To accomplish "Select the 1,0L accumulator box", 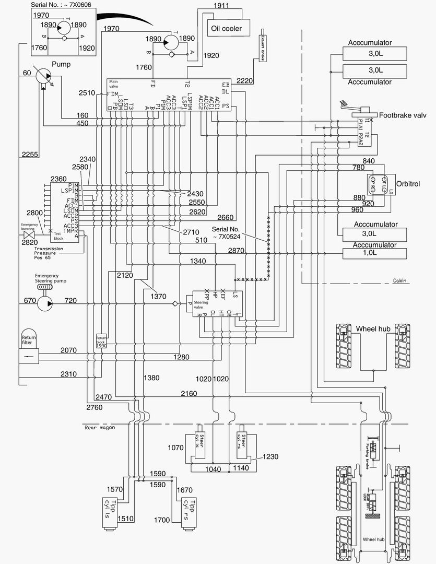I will click(x=374, y=254).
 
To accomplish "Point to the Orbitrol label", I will click(x=408, y=184).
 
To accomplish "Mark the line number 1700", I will click(x=162, y=520).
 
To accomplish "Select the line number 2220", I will click(x=245, y=79).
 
